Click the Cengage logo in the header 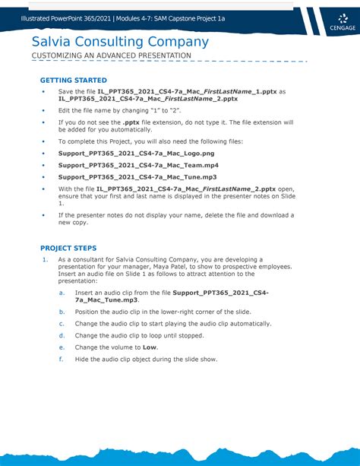[331, 21]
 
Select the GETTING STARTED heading [73, 80]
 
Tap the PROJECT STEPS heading [68, 248]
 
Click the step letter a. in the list [61, 292]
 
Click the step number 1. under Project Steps [44, 259]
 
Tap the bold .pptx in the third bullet [131, 122]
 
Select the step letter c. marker [61, 323]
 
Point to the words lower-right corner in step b [182, 312]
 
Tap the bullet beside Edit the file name [43, 109]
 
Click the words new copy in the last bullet [74, 223]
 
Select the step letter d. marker [61, 335]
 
